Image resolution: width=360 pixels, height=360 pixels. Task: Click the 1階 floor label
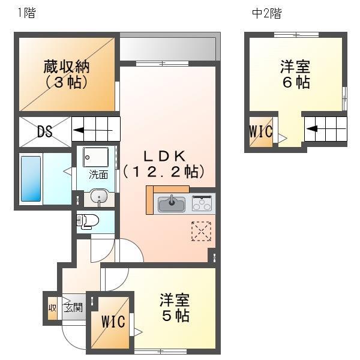[26, 13]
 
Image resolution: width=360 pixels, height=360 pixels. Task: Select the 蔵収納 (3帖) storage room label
[65, 74]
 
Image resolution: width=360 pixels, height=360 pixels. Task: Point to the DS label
[44, 132]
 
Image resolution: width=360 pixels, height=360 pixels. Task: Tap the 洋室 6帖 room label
[296, 74]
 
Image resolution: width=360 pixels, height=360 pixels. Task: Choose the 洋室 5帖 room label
[175, 307]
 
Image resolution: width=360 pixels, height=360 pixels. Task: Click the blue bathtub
[31, 178]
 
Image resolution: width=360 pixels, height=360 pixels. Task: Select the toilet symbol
[88, 221]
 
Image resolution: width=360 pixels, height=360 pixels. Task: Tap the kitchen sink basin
[171, 204]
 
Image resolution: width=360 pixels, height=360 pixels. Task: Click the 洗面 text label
[98, 175]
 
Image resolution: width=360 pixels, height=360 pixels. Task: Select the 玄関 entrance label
[74, 308]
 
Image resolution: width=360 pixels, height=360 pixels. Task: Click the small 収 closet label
[53, 308]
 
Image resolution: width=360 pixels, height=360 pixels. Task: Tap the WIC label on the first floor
[113, 322]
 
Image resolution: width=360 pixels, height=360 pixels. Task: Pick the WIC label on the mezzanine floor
[261, 131]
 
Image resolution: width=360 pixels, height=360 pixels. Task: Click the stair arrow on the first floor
[92, 130]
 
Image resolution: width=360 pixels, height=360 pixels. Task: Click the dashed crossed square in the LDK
[201, 232]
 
